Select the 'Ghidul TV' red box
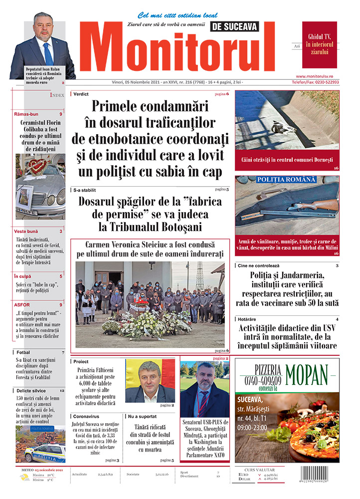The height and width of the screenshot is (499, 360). [320, 44]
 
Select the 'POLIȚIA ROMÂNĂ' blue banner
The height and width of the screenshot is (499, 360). [286, 180]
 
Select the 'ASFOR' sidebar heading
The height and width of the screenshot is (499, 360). [22, 304]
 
